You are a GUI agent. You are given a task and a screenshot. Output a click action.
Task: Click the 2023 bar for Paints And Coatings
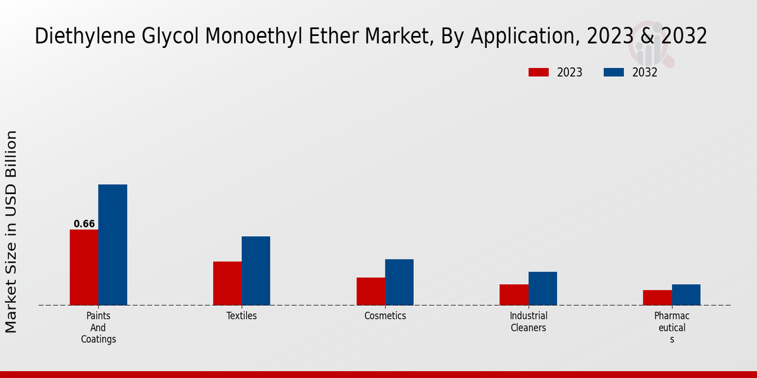pyautogui.click(x=84, y=267)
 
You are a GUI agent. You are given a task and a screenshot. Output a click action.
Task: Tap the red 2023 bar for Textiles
pyautogui.click(x=227, y=283)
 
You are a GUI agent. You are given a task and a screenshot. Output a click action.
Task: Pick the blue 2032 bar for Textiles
pyautogui.click(x=255, y=270)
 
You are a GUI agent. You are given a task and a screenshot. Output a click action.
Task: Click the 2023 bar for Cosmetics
pyautogui.click(x=370, y=291)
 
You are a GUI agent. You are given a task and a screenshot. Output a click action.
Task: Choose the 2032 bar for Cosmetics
pyautogui.click(x=399, y=282)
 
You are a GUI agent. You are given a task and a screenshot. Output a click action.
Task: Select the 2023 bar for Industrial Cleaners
pyautogui.click(x=513, y=294)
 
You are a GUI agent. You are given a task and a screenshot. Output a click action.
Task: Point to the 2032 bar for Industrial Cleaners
pyautogui.click(x=543, y=288)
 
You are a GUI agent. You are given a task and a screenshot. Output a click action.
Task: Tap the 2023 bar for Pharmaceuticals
pyautogui.click(x=657, y=297)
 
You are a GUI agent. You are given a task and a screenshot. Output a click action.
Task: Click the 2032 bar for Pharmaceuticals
pyautogui.click(x=686, y=294)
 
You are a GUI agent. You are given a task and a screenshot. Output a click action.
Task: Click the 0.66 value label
pyautogui.click(x=84, y=224)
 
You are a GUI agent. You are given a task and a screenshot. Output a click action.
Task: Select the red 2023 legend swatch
pyautogui.click(x=539, y=72)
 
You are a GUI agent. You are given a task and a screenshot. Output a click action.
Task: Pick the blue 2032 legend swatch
pyautogui.click(x=614, y=72)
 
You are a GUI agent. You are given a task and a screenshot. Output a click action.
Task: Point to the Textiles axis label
pyautogui.click(x=242, y=316)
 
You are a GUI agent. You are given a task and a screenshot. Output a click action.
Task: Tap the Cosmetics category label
pyautogui.click(x=385, y=316)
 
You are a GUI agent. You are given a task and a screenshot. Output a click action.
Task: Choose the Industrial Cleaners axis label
pyautogui.click(x=529, y=321)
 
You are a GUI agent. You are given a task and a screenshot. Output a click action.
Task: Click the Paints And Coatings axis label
pyautogui.click(x=98, y=327)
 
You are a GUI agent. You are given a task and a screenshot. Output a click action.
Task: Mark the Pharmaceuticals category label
pyautogui.click(x=671, y=327)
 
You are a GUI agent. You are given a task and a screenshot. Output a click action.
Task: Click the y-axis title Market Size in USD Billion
pyautogui.click(x=11, y=231)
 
